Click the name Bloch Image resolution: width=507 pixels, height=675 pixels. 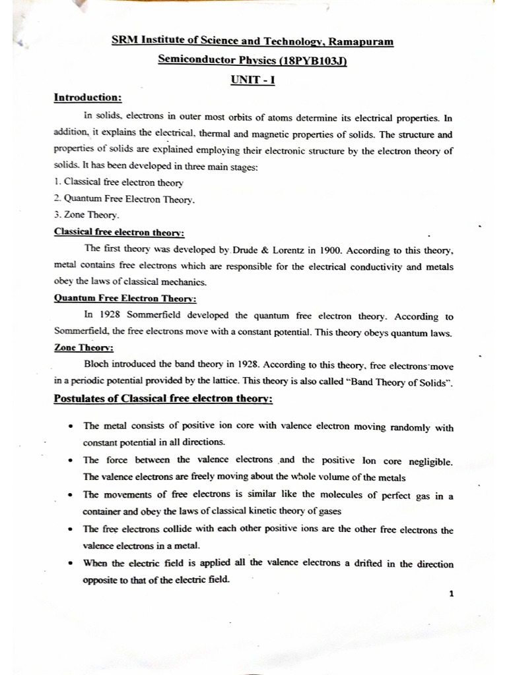(x=98, y=365)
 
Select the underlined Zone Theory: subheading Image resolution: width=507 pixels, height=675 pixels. (x=76, y=348)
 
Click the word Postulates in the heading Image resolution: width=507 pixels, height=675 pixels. (x=83, y=400)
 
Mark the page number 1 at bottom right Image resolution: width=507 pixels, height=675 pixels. (x=451, y=593)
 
